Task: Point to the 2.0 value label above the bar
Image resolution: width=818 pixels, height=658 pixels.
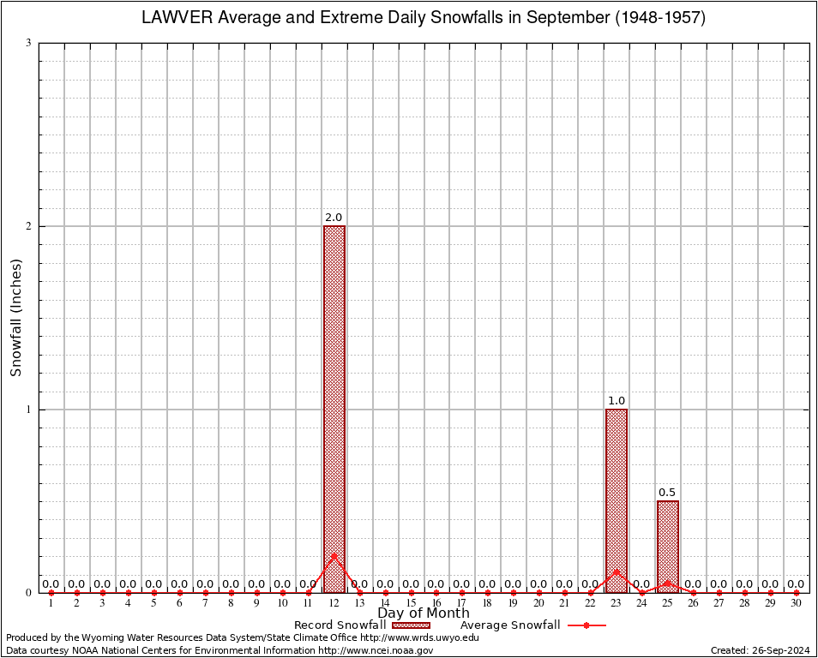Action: [334, 218]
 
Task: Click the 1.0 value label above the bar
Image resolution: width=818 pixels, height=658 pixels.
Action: [617, 401]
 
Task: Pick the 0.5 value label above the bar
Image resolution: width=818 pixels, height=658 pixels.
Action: [668, 493]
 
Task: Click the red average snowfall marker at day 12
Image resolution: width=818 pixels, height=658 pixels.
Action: [334, 556]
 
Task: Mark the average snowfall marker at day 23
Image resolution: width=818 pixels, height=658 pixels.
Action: [617, 572]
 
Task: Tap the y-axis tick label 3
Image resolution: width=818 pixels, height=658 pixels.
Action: [28, 43]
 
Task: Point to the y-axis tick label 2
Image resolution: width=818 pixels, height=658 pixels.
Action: [28, 226]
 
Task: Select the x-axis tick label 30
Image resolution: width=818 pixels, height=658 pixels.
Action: [797, 603]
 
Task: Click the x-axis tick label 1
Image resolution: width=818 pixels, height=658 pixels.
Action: [51, 603]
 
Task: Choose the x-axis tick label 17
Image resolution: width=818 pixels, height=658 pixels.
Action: [462, 603]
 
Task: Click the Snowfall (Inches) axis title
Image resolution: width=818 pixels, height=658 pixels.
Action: [16, 318]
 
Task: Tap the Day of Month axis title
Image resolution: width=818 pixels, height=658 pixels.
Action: [424, 613]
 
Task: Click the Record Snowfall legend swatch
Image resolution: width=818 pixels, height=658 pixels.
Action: [407, 625]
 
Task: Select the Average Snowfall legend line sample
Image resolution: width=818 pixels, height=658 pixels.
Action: [586, 625]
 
